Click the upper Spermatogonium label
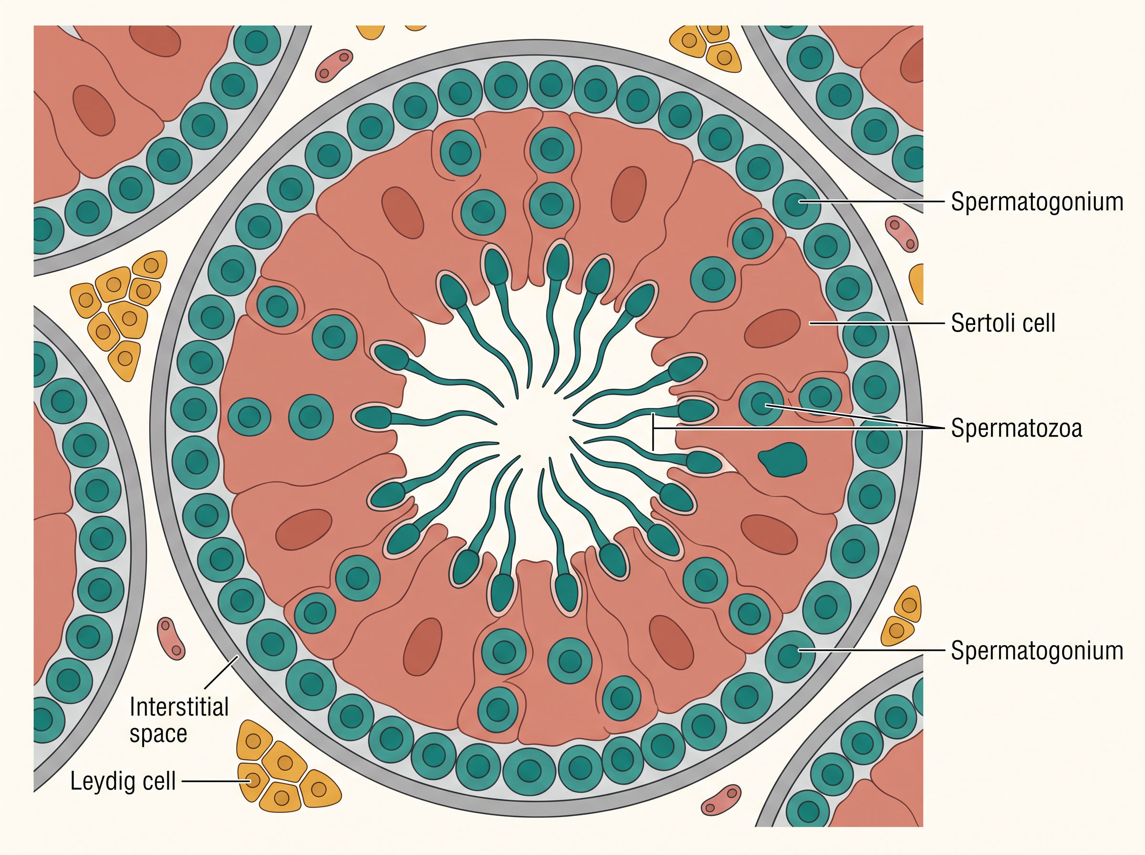click(x=1037, y=201)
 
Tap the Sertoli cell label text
click(x=1003, y=323)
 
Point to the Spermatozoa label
click(x=1017, y=428)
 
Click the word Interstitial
click(x=179, y=707)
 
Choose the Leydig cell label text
click(x=123, y=781)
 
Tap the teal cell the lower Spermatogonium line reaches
click(x=790, y=656)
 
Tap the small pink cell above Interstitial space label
click(x=171, y=639)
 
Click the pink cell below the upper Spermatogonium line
click(x=902, y=233)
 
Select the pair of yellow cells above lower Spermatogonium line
click(x=902, y=616)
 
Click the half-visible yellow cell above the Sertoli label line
click(x=917, y=283)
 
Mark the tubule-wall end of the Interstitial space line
click(x=238, y=656)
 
